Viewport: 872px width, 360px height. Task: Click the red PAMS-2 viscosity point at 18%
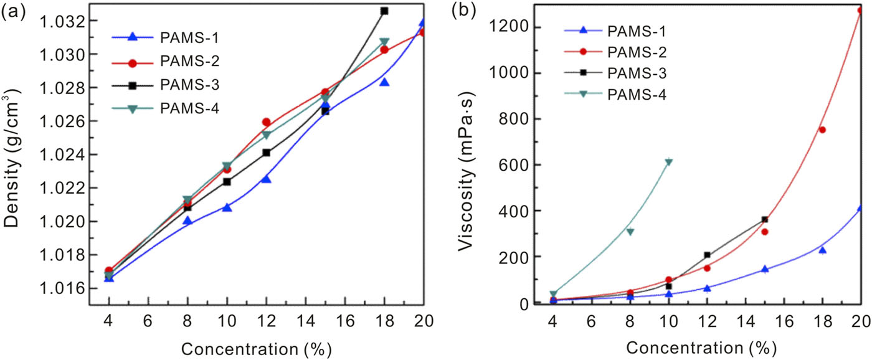tap(822, 130)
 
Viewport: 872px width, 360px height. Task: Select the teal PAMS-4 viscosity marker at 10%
tap(668, 163)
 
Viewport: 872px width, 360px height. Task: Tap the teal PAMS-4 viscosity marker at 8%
tap(630, 232)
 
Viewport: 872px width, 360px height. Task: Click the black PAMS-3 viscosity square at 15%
tap(764, 219)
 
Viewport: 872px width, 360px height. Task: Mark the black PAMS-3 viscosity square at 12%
tap(707, 255)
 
